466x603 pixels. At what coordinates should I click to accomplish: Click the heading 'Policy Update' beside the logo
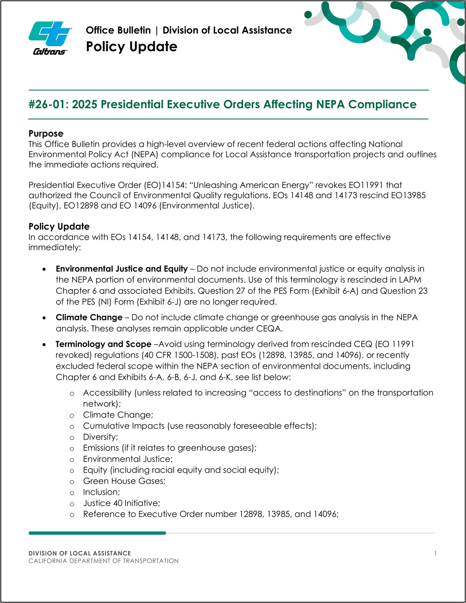[x=132, y=47]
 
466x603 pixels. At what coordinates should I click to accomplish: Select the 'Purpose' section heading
[x=46, y=134]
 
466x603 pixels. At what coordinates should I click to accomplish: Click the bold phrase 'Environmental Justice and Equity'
[x=122, y=269]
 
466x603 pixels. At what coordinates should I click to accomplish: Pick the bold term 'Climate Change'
[x=89, y=318]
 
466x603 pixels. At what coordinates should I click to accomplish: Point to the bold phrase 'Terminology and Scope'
[x=103, y=344]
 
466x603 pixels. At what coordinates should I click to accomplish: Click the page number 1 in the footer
[x=435, y=553]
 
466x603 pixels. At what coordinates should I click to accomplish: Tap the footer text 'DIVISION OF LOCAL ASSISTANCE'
[x=80, y=553]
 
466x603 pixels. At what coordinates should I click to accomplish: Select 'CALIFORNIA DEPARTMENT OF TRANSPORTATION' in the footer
[x=104, y=561]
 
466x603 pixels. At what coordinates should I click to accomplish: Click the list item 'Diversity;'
[x=100, y=437]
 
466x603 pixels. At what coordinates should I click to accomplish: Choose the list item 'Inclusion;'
[x=101, y=492]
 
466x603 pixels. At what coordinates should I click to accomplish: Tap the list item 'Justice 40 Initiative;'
[x=121, y=503]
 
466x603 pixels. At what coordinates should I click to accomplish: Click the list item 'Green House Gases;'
[x=124, y=481]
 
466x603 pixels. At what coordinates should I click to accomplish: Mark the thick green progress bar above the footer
[x=97, y=533]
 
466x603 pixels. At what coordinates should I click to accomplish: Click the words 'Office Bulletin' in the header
[x=118, y=30]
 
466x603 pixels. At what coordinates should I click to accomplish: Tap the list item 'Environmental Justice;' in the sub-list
[x=128, y=459]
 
